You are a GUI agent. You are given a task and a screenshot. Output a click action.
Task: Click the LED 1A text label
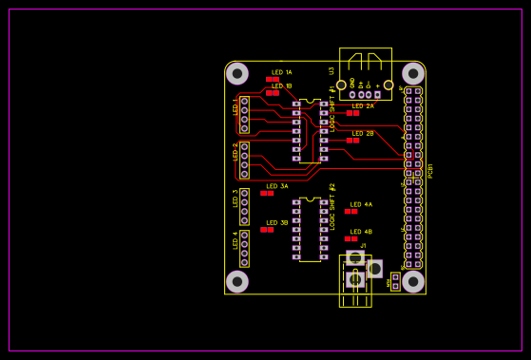282,72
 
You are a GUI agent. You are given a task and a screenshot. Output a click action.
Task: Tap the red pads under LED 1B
273,93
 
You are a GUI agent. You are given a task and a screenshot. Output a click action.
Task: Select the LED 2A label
363,105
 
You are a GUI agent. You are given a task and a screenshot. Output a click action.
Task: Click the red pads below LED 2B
352,140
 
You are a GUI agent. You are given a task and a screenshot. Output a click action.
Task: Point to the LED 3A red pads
267,193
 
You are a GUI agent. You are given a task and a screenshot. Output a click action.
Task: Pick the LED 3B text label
277,222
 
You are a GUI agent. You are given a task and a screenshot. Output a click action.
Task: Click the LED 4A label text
361,204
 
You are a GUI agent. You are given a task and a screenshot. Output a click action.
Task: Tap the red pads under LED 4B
351,238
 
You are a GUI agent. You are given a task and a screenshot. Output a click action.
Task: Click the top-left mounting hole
237,73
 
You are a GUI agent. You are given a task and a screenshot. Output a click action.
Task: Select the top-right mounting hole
412,73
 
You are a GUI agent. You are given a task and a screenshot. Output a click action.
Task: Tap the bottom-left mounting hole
237,281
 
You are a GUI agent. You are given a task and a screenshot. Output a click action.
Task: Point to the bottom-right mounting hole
412,281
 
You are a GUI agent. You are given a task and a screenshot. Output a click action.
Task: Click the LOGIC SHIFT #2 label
332,206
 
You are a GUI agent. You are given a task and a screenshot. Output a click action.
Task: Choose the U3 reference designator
332,70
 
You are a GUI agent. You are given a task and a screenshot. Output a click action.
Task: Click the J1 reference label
363,245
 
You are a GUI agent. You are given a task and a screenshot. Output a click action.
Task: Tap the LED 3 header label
236,198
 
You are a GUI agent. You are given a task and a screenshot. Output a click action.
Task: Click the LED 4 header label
236,239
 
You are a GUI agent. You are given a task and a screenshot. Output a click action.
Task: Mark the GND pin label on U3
352,84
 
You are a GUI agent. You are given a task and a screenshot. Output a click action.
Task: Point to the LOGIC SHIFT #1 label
332,108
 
